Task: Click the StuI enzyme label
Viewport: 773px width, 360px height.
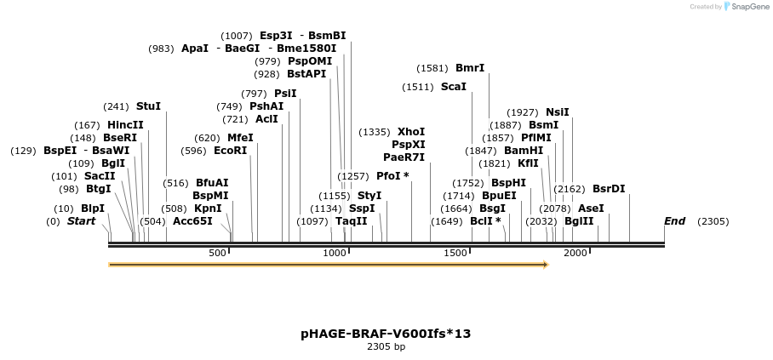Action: click(x=148, y=106)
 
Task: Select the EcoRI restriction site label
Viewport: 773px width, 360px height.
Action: click(x=230, y=151)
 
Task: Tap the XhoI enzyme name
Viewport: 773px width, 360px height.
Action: click(x=411, y=132)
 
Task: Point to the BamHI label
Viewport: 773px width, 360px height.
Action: click(x=524, y=151)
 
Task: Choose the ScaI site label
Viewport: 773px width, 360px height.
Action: click(x=454, y=87)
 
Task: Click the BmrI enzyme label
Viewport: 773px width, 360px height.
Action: click(x=470, y=68)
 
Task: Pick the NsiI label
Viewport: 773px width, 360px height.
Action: click(x=558, y=112)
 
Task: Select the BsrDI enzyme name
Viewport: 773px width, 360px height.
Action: click(x=609, y=189)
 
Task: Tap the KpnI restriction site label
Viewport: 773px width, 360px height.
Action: click(x=208, y=208)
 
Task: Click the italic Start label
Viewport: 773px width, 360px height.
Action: click(x=82, y=221)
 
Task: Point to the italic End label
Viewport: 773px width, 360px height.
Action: click(x=674, y=221)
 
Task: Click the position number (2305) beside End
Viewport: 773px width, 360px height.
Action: click(x=713, y=221)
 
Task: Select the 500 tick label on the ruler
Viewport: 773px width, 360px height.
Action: click(x=217, y=253)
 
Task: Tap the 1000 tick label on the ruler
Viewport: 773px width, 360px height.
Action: click(x=335, y=253)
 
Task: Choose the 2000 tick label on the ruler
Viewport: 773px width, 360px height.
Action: click(x=576, y=253)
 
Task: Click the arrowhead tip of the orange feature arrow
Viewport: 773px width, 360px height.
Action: click(x=547, y=265)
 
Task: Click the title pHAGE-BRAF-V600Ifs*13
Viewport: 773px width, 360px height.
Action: click(x=386, y=334)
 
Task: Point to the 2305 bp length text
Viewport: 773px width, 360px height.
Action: click(x=386, y=347)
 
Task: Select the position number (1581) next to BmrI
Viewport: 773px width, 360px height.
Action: click(x=432, y=68)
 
